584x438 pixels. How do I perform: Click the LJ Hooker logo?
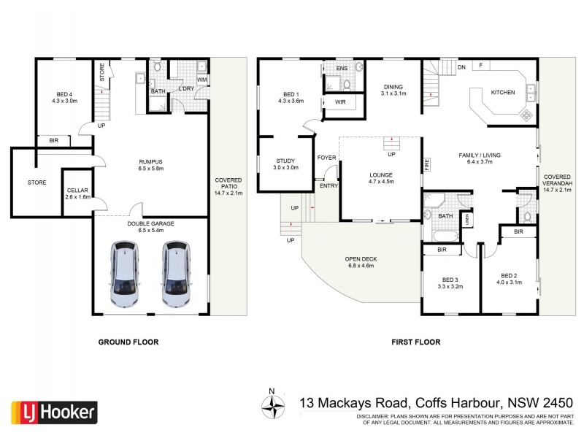(x=54, y=412)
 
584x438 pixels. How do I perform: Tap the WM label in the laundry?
(x=201, y=79)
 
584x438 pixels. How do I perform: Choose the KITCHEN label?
(x=502, y=93)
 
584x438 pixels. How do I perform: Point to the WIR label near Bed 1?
(x=340, y=102)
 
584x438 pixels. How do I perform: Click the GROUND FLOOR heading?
(x=128, y=342)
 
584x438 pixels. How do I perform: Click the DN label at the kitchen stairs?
(x=461, y=67)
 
